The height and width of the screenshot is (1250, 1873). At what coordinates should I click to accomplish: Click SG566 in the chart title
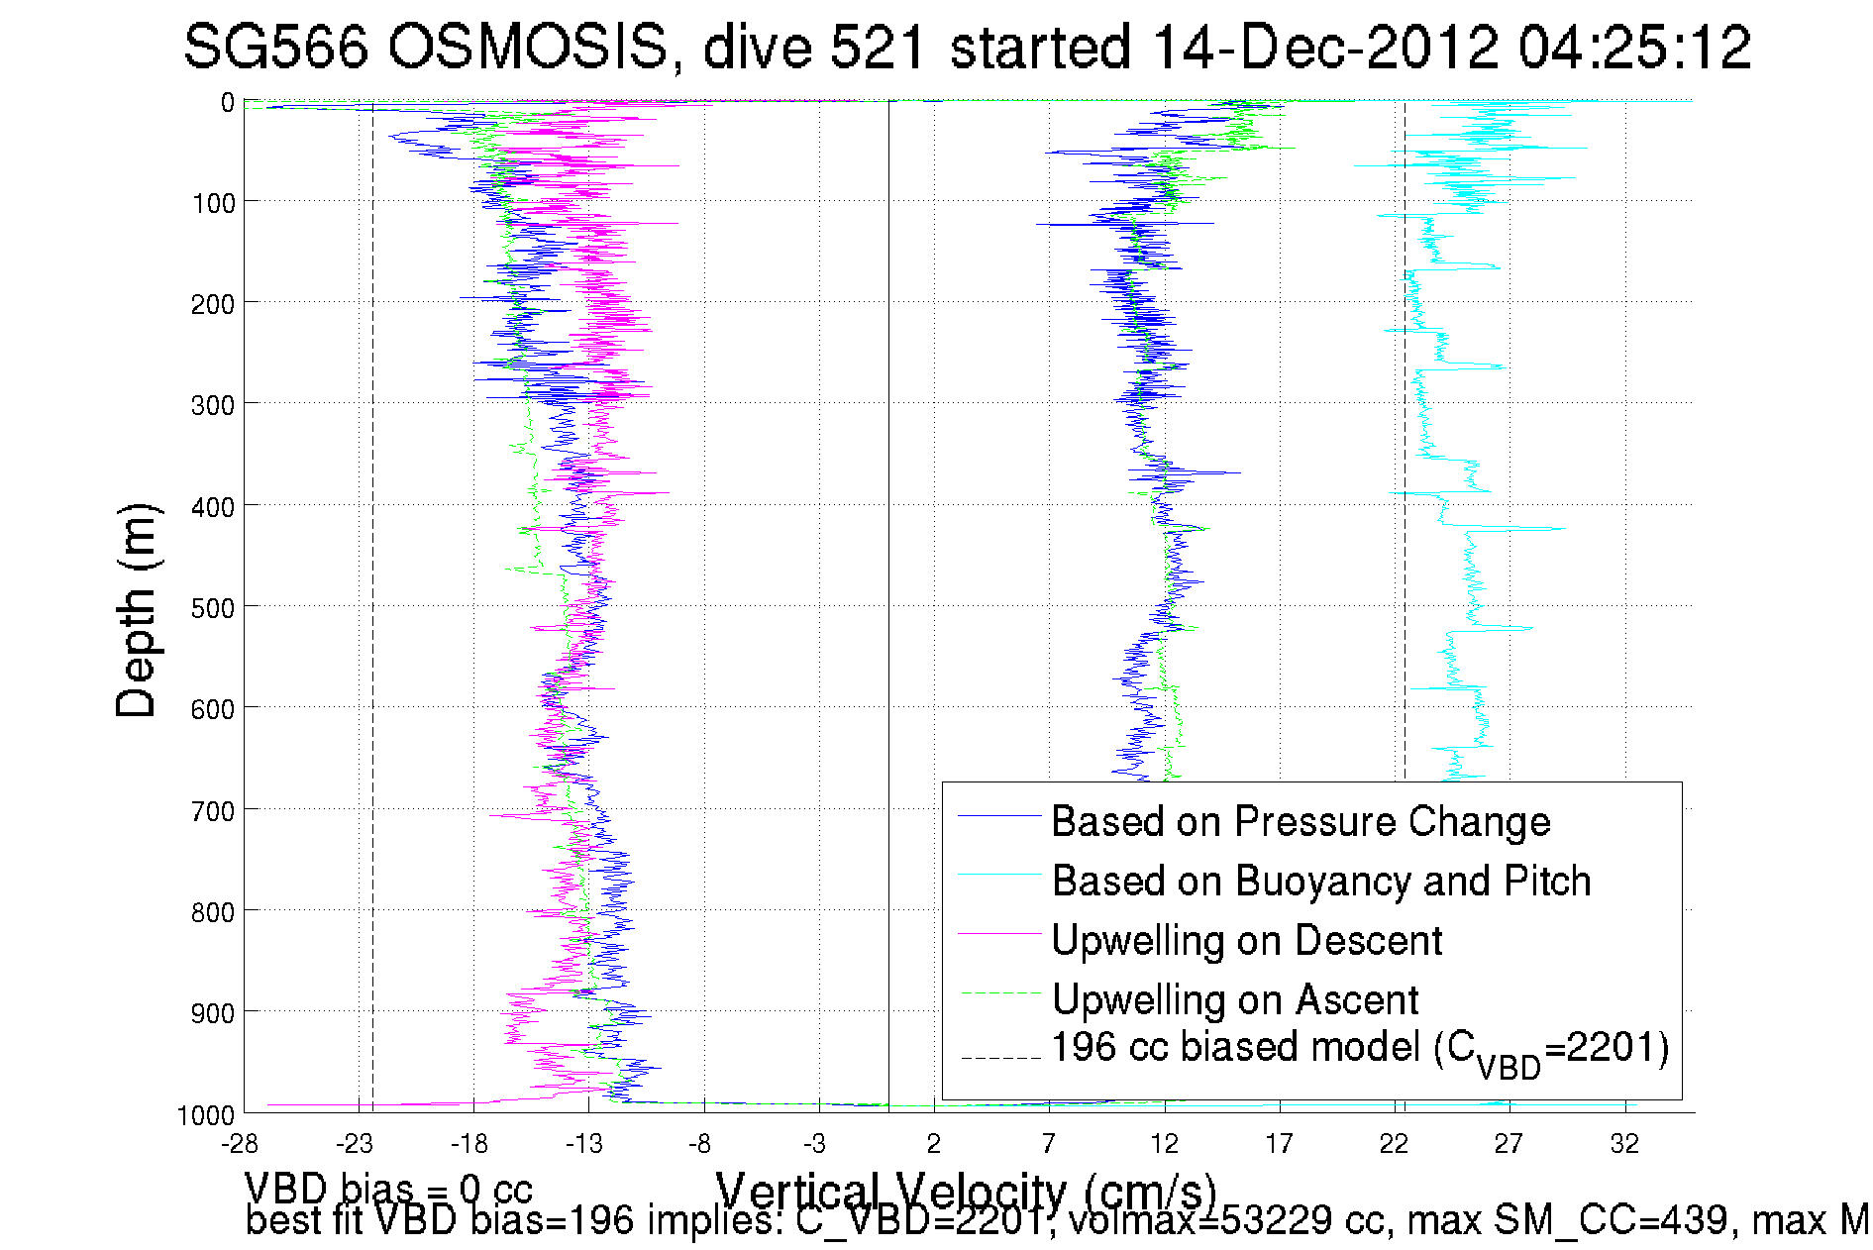coord(276,47)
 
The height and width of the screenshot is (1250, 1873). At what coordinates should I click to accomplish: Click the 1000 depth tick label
coord(206,1116)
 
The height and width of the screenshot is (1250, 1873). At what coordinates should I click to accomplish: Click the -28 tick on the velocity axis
coord(240,1145)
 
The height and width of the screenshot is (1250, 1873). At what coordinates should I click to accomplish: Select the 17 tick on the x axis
coord(1279,1145)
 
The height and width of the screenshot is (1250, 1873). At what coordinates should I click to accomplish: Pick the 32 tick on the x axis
coord(1624,1145)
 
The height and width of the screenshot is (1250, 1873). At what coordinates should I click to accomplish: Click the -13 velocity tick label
coord(584,1145)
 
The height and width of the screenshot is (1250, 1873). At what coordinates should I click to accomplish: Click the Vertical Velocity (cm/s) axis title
coord(966,1190)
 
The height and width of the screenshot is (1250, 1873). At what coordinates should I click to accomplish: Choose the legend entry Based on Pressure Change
coord(1300,821)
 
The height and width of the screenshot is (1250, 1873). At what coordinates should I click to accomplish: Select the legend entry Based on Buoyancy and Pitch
coord(1320,881)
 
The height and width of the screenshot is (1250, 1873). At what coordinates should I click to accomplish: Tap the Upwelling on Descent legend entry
coord(1246,940)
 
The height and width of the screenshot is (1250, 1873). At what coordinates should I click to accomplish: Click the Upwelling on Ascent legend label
coord(1234,999)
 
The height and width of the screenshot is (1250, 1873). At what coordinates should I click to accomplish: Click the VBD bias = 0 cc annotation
coord(388,1188)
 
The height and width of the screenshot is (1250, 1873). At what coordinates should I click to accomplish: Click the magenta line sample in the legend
coord(999,934)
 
